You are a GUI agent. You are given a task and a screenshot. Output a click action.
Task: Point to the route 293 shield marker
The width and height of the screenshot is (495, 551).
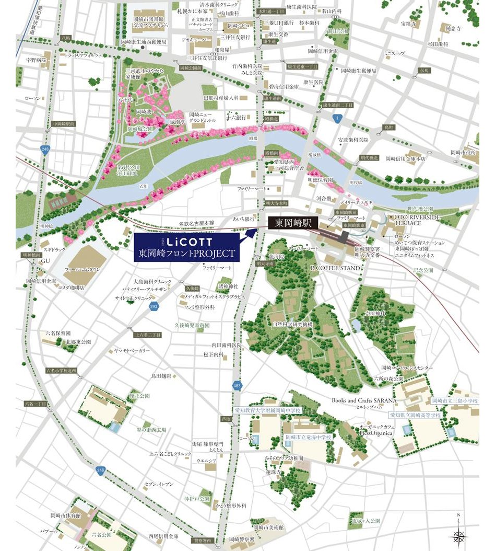(154, 307)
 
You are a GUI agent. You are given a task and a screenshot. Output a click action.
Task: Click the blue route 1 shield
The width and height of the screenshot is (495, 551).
(338, 119)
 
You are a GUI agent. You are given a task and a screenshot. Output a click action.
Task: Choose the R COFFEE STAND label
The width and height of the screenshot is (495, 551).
(336, 268)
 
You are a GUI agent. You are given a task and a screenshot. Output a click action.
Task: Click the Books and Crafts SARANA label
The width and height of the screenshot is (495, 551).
(364, 400)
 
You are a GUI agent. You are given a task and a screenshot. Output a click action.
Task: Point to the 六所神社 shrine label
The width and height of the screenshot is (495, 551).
(375, 313)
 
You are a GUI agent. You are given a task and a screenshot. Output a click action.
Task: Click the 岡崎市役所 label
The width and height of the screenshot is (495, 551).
(464, 152)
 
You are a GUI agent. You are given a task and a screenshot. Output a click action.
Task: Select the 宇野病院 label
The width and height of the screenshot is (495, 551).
(37, 61)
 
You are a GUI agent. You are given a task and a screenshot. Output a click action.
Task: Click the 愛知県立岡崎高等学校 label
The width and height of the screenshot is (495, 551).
(415, 415)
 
